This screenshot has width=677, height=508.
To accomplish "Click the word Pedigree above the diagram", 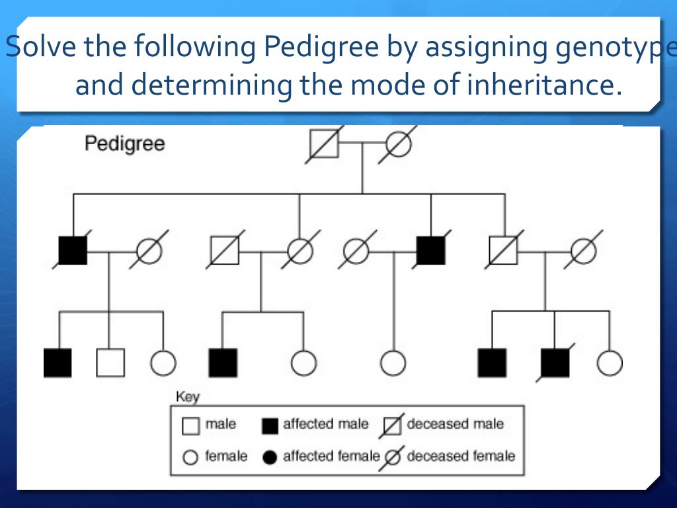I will pyautogui.click(x=124, y=144).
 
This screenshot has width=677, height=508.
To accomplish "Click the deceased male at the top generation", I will pyautogui.click(x=324, y=144).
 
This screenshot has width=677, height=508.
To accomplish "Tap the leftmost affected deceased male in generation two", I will pyautogui.click(x=73, y=250).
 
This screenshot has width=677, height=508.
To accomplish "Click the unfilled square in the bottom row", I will pyautogui.click(x=110, y=362).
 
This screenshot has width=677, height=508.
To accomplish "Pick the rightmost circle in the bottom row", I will pyautogui.click(x=609, y=362).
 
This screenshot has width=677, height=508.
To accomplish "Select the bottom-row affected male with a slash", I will pyautogui.click(x=555, y=362).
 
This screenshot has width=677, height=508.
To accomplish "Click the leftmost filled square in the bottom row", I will pyautogui.click(x=58, y=362).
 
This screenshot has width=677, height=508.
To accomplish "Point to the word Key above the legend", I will pyautogui.click(x=187, y=398).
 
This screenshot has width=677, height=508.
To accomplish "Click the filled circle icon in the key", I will pyautogui.click(x=270, y=458).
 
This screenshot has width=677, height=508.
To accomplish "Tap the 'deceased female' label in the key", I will pyautogui.click(x=460, y=456).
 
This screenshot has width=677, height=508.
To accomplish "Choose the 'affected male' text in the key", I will pyautogui.click(x=325, y=425).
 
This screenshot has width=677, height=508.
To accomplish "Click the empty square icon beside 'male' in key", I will pyautogui.click(x=190, y=426).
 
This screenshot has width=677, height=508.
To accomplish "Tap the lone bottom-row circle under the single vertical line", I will pyautogui.click(x=393, y=362).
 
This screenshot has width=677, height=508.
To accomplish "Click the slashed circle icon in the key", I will pyautogui.click(x=393, y=457).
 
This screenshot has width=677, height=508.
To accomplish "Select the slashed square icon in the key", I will pyautogui.click(x=393, y=426).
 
